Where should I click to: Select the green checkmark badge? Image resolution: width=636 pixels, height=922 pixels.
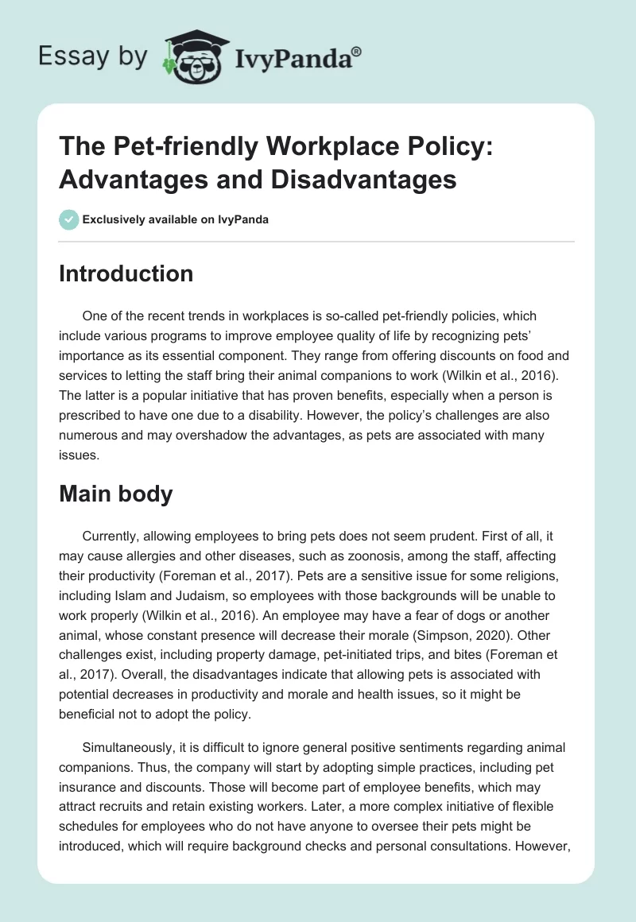click(x=69, y=220)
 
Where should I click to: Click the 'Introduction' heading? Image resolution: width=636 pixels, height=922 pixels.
click(x=126, y=273)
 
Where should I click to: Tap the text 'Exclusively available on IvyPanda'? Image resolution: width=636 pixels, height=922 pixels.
click(x=176, y=220)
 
